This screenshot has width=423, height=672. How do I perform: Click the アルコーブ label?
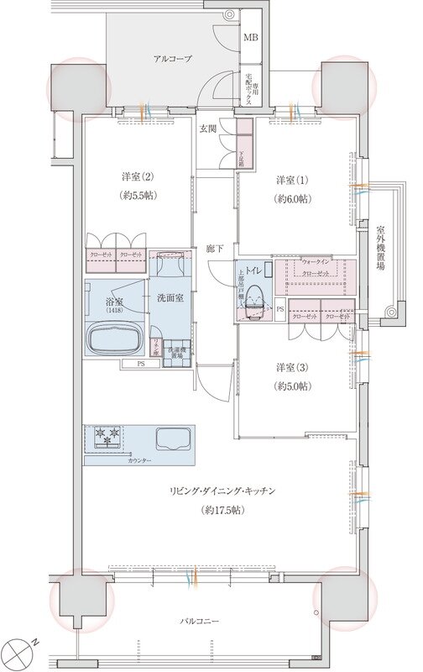[x=173, y=59]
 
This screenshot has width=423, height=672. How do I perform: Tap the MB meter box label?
[x=251, y=38]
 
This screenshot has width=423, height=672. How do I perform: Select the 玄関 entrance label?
[x=208, y=129]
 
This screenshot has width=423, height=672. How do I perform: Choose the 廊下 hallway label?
[x=215, y=249]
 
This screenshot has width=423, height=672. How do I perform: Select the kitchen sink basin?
[x=174, y=439]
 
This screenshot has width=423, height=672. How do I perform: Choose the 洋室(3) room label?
[x=293, y=367]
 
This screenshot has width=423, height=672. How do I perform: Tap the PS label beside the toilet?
[x=280, y=309]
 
